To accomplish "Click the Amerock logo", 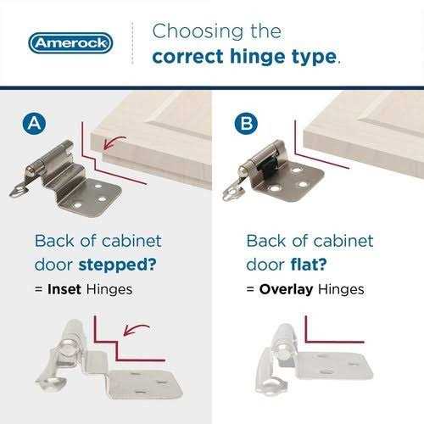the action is pos(70,43).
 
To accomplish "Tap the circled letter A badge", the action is pos(34,124).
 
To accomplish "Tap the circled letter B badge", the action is pos(246,124).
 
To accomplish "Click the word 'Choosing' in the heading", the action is pos(198,31).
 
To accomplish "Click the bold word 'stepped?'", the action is pos(117,265).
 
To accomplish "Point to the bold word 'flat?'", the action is pos(309,265).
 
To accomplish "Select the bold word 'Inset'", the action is pos(64,289).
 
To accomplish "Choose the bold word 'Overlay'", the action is pos(286,289).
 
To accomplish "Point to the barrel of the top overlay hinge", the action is pos(263,158).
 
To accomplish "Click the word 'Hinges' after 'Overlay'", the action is pos(341,290).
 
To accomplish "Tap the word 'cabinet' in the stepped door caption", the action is pos(131,241).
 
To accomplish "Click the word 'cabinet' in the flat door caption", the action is pos(343,241).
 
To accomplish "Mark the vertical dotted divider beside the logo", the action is pos(132,43).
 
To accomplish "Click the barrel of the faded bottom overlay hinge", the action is pos(283,343).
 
